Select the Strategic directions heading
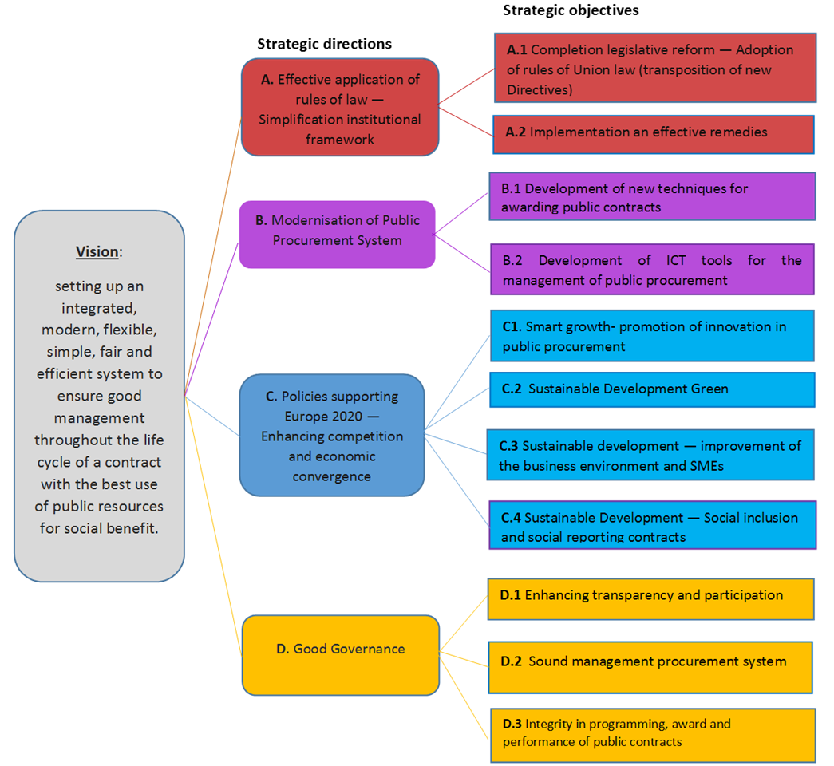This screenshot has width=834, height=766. (x=324, y=44)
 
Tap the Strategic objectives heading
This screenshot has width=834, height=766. (x=571, y=10)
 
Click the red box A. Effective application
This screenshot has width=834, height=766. (x=340, y=107)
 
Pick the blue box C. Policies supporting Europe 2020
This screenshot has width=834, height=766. (x=332, y=436)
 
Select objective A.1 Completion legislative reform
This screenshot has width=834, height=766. (x=655, y=68)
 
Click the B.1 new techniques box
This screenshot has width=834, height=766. (x=652, y=196)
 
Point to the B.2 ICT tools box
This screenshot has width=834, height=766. (x=652, y=270)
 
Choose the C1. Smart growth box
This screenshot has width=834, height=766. (x=652, y=336)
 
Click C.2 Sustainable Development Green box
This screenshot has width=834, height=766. (x=652, y=389)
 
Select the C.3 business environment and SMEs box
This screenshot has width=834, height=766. (x=650, y=455)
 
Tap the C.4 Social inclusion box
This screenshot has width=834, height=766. (x=652, y=525)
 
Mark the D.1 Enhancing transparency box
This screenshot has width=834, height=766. (x=650, y=598)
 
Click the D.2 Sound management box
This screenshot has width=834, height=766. (x=650, y=666)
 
